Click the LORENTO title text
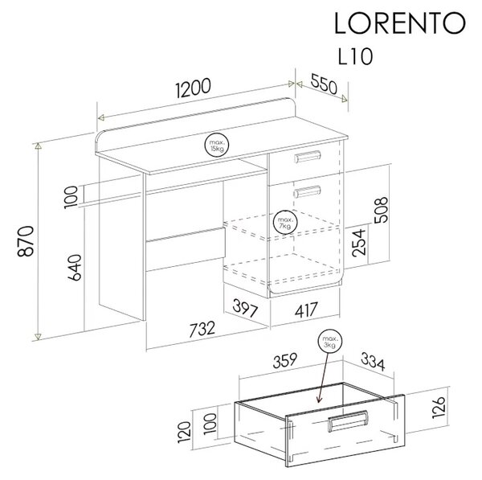[400, 23]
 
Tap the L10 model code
[355, 56]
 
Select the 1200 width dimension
[194, 88]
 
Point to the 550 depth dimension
[324, 84]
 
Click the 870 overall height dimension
[26, 241]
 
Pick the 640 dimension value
[75, 267]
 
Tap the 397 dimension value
[245, 308]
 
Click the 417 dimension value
[306, 310]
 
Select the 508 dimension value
[381, 210]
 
